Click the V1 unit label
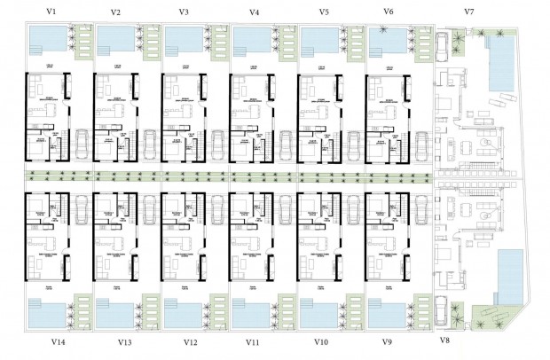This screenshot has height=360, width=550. (x=52, y=12)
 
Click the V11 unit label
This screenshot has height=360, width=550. (x=255, y=340)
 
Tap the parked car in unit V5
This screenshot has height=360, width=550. (x=354, y=142)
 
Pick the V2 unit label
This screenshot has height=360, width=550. (x=116, y=12)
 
